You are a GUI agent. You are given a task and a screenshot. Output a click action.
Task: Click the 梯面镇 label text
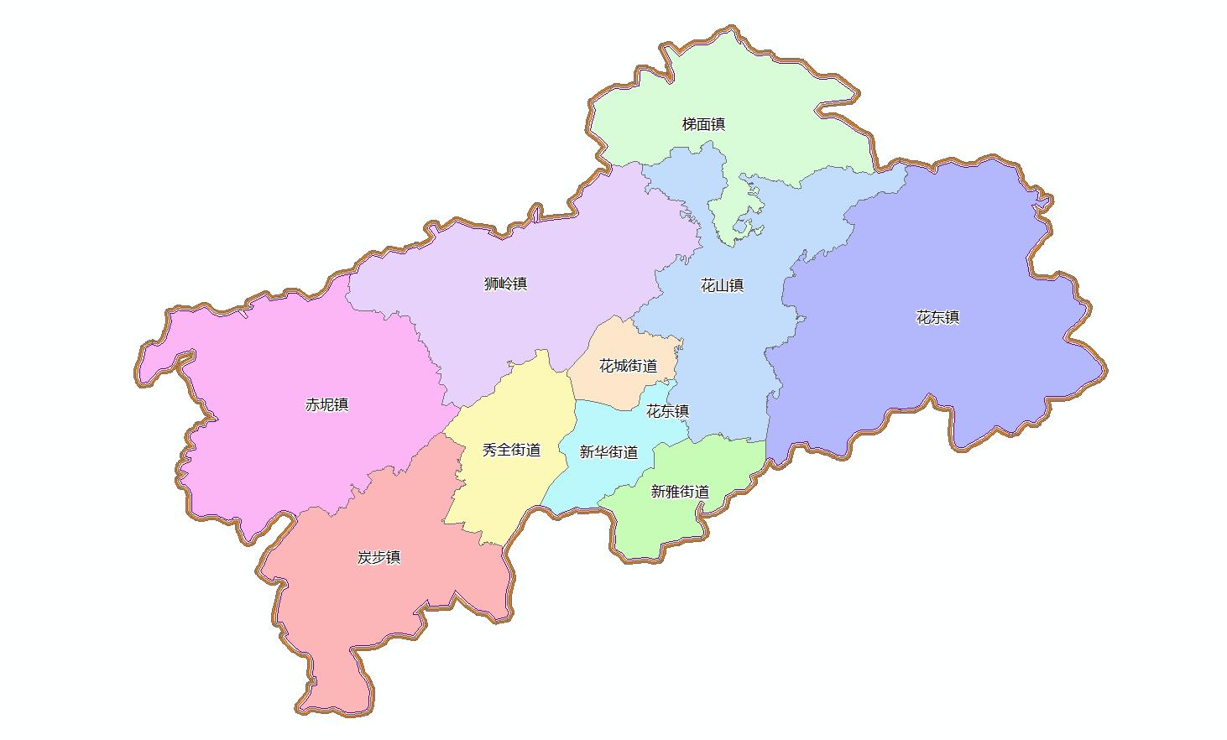703,125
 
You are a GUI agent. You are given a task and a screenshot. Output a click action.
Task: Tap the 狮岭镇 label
505,284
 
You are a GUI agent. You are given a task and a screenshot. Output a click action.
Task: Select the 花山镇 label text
722,285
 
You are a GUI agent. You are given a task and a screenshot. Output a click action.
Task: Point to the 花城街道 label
628,367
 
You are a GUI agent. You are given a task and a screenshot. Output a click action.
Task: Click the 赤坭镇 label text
326,405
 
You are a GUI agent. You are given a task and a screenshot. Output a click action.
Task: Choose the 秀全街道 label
511,451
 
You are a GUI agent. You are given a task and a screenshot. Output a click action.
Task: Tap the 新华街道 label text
608,453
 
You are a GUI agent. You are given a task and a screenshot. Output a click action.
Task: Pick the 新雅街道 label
680,492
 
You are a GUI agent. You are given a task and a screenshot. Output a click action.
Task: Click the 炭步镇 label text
379,558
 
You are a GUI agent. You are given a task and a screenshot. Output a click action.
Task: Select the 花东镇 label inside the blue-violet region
937,318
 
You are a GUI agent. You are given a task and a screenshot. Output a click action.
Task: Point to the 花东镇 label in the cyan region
667,411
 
